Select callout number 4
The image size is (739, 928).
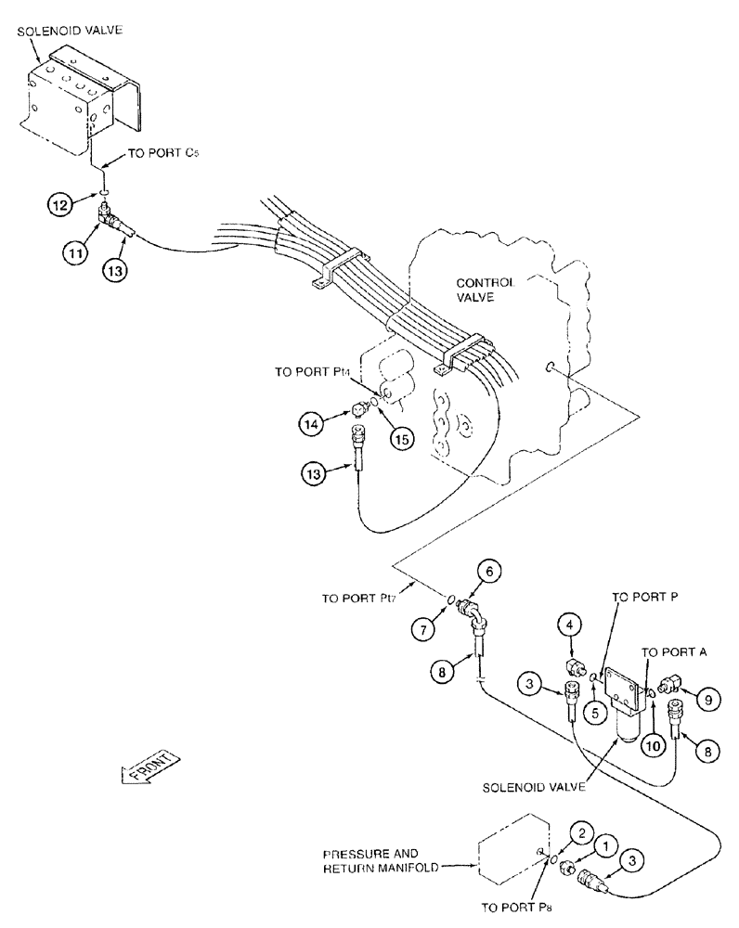click(x=571, y=641)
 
